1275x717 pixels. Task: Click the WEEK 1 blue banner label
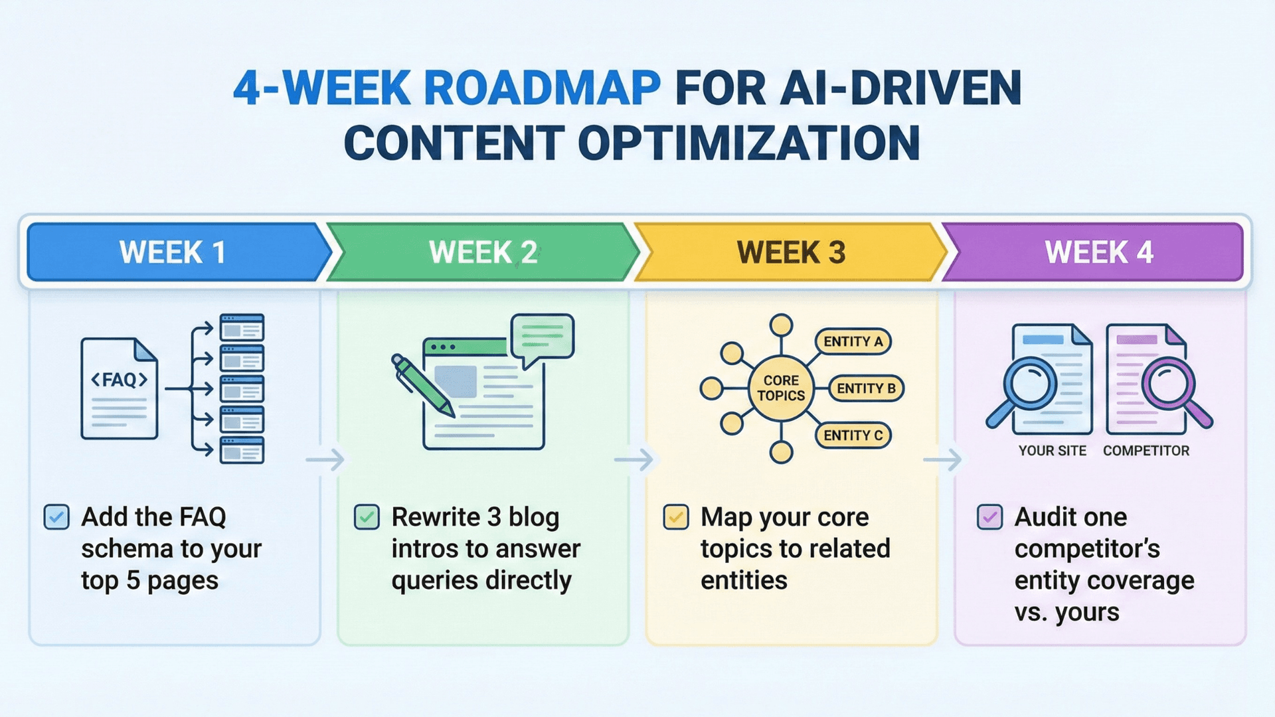(173, 253)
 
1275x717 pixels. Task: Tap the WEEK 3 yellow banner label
(791, 253)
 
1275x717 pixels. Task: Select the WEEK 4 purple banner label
(1099, 253)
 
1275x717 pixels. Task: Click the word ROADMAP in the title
(542, 88)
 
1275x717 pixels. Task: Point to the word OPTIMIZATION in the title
(749, 143)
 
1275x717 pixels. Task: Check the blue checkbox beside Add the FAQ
(56, 517)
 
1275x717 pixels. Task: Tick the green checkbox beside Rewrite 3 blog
(367, 517)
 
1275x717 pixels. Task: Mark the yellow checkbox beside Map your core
(676, 517)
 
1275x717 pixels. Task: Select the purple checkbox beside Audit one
(989, 517)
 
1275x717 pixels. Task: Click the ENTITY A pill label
(853, 342)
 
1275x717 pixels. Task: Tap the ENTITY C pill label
(853, 436)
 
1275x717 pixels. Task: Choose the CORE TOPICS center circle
(781, 388)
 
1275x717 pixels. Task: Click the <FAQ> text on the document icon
(119, 380)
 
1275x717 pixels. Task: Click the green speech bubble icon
(542, 338)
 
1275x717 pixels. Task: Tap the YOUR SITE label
(1052, 451)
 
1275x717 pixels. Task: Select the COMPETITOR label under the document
(1146, 451)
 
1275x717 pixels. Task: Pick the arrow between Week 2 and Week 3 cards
(634, 459)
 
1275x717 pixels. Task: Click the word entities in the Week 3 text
(744, 581)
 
